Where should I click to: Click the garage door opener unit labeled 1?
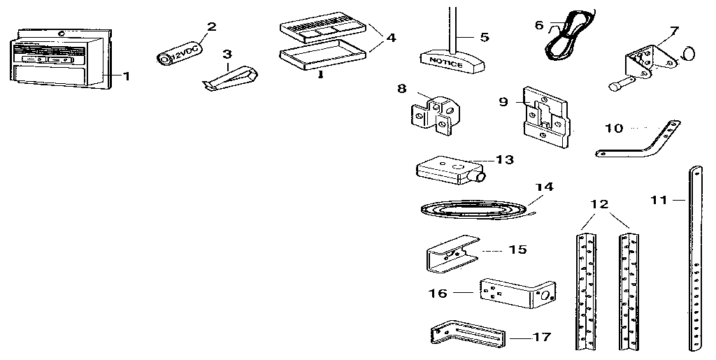point(59,62)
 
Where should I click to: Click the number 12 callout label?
point(599,204)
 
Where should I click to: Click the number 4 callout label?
point(390,38)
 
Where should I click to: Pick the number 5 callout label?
point(485,37)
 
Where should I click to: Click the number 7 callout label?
point(673,31)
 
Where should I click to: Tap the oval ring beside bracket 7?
point(688,55)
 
